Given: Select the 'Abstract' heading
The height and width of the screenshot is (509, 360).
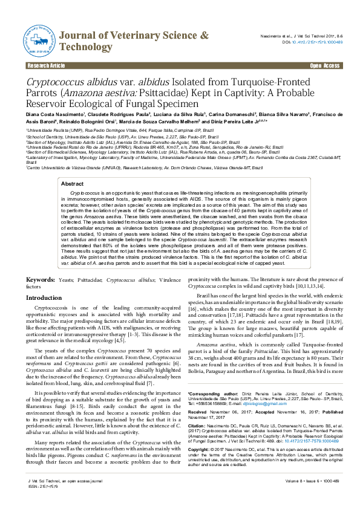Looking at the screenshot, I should pos(73,149).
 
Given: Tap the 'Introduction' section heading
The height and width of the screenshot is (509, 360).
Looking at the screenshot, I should pos(44,298).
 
